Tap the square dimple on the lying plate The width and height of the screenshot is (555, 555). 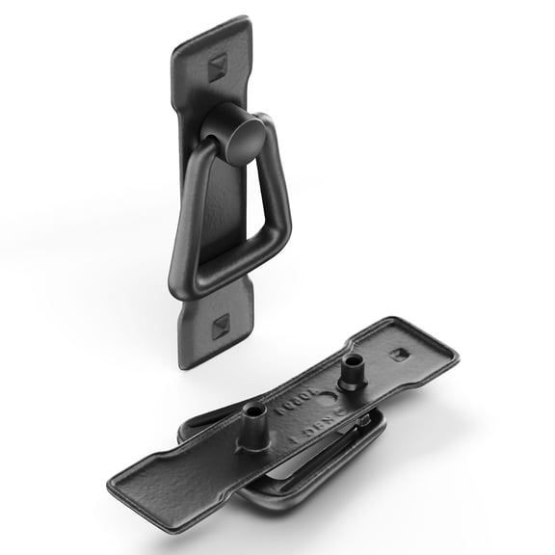[397, 354]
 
